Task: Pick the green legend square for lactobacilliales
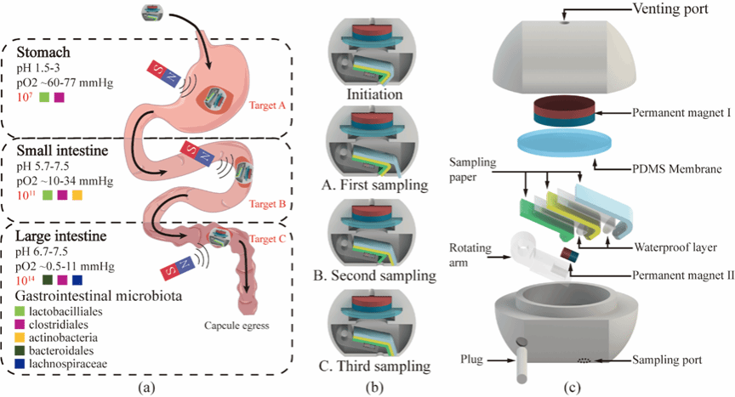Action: point(21,313)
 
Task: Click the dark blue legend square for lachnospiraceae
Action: point(21,366)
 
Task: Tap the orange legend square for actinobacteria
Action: point(21,339)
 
